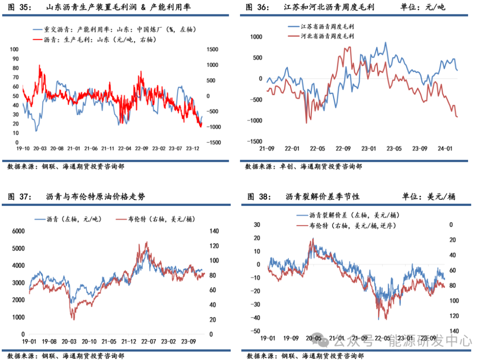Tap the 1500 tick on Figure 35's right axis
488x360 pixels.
click(x=212, y=49)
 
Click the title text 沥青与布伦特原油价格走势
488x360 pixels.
click(x=95, y=197)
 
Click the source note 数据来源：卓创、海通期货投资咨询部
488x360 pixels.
click(x=303, y=167)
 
